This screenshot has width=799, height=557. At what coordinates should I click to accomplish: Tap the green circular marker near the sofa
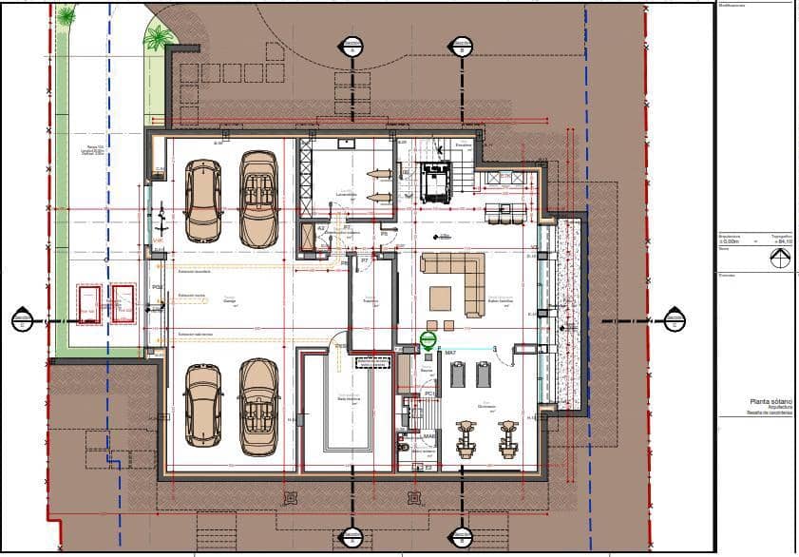point(428,339)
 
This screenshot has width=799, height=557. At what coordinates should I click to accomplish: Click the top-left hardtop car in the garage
point(202,201)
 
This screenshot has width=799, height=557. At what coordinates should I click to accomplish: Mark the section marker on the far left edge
point(22,320)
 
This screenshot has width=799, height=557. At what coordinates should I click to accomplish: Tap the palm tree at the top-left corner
point(66,15)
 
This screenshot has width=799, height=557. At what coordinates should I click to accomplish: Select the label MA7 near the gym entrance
point(451,354)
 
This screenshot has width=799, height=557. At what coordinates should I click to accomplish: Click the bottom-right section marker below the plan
point(460,537)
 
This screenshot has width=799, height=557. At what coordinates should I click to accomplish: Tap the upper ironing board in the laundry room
point(378,173)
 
